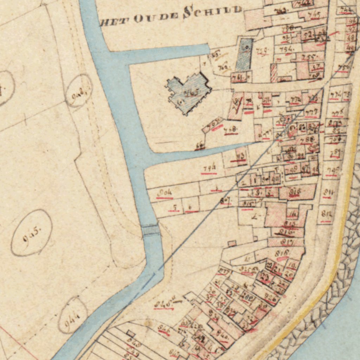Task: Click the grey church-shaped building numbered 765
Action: click(x=188, y=93)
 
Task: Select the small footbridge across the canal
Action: click(x=151, y=230)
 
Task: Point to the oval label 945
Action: click(x=32, y=233)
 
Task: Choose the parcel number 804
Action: click(x=165, y=193)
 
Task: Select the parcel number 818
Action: click(x=283, y=253)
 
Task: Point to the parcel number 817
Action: click(x=287, y=242)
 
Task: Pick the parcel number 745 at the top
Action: click(x=314, y=14)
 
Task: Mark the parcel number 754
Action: click(x=287, y=50)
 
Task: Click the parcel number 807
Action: click(x=225, y=201)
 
